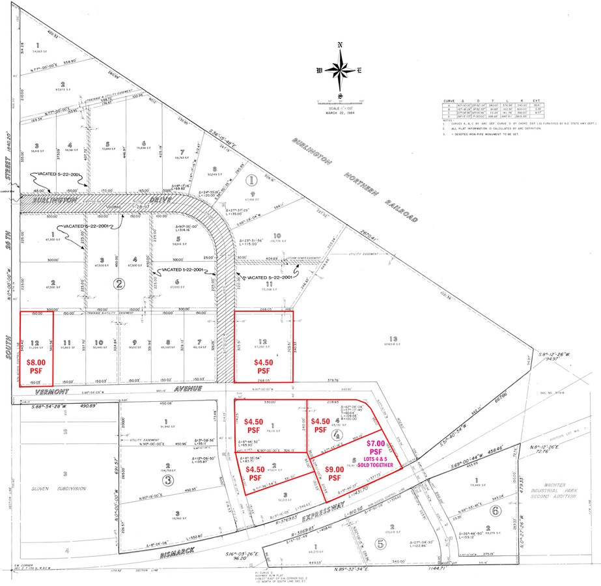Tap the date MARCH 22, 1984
point(340,115)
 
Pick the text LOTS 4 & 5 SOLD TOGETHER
point(375,462)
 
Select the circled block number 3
point(168,481)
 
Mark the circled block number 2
point(119,283)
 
